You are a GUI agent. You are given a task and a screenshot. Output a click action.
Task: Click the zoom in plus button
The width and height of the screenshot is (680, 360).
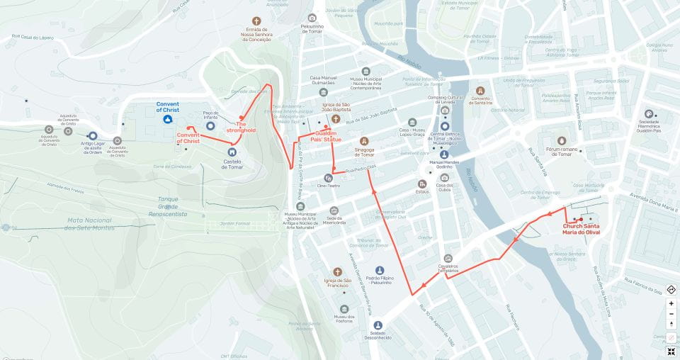(671, 303)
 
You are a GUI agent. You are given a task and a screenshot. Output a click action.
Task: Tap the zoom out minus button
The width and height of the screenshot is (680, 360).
(671, 314)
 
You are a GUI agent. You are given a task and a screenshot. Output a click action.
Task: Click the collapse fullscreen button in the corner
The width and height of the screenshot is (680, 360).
(671, 351)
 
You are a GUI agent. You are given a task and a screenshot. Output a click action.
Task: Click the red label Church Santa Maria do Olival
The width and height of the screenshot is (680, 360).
(586, 228)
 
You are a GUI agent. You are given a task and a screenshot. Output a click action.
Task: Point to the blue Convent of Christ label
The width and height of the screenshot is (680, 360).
(168, 107)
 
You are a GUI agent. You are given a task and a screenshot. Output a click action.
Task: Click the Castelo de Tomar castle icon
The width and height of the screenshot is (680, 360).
(232, 152)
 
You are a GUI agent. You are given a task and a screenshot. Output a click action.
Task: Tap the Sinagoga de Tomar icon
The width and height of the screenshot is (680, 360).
(364, 141)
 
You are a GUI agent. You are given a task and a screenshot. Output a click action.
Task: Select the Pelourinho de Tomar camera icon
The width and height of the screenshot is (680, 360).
(312, 18)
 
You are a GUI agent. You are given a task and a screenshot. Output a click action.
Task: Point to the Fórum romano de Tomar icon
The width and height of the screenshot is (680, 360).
(562, 141)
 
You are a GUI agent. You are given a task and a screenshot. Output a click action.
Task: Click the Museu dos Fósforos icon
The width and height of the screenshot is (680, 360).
(345, 309)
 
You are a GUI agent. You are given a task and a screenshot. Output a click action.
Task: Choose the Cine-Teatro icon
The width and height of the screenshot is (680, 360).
(329, 177)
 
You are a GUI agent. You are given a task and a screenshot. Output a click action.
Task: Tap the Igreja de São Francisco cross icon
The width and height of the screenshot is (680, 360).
(338, 271)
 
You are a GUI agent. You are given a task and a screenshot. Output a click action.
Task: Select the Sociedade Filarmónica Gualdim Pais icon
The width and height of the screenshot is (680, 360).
(648, 114)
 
